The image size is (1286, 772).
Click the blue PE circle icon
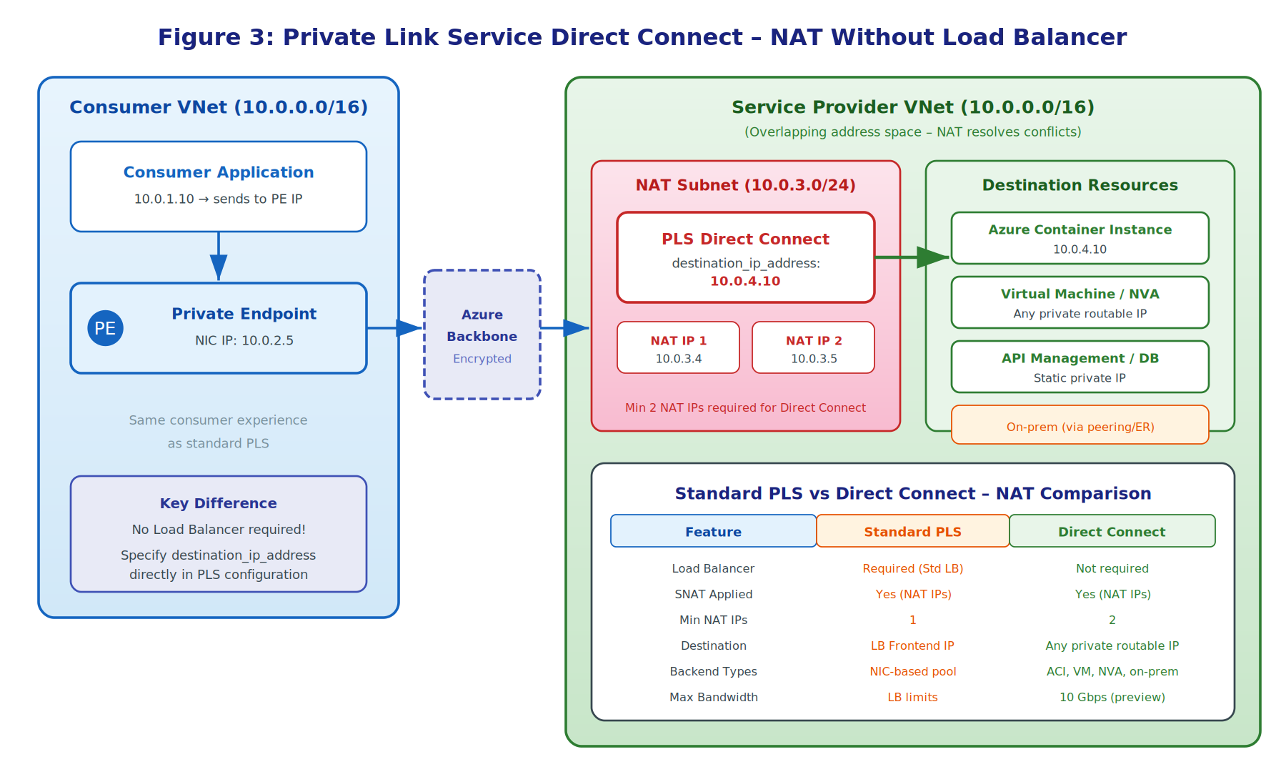click(105, 328)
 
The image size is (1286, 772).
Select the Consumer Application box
click(218, 186)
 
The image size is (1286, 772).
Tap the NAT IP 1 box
click(678, 347)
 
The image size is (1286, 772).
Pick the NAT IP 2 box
click(813, 347)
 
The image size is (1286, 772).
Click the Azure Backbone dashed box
click(482, 335)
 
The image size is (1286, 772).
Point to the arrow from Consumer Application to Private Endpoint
click(219, 257)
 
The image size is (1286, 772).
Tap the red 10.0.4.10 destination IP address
click(744, 281)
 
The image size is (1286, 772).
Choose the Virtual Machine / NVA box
click(1080, 302)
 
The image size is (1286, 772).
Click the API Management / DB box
click(1080, 367)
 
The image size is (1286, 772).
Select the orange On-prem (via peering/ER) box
click(1080, 426)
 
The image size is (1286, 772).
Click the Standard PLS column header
click(912, 531)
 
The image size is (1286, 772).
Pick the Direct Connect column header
click(1112, 531)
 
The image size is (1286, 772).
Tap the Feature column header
click(713, 531)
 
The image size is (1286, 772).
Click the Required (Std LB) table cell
click(912, 568)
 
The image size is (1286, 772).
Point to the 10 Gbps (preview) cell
click(1112, 697)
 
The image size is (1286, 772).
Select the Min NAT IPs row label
click(713, 620)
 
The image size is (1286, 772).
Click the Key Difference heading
click(218, 503)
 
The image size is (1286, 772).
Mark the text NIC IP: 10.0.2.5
click(244, 340)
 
